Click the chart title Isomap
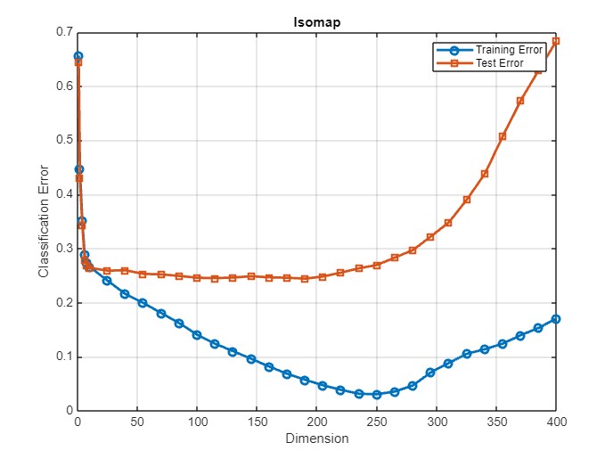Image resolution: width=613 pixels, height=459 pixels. (317, 22)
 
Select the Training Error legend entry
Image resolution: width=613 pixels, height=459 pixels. (509, 50)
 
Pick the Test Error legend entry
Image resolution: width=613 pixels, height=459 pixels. (499, 63)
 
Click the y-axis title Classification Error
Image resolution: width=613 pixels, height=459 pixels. (43, 220)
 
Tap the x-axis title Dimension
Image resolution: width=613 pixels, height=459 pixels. (317, 439)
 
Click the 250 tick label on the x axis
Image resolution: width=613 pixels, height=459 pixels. (377, 422)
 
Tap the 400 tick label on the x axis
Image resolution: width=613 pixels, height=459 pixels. (557, 422)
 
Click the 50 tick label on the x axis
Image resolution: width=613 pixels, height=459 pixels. (137, 422)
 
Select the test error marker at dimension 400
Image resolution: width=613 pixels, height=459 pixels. (556, 41)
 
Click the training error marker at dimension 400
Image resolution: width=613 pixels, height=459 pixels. (556, 318)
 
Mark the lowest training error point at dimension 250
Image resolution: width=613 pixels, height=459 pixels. (377, 394)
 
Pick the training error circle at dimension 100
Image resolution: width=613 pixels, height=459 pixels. (197, 335)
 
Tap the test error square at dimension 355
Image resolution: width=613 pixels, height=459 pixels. (503, 136)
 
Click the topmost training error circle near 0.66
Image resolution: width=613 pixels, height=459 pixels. (78, 56)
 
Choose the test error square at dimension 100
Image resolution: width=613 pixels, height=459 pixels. (197, 278)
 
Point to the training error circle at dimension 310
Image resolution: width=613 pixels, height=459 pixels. (448, 364)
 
